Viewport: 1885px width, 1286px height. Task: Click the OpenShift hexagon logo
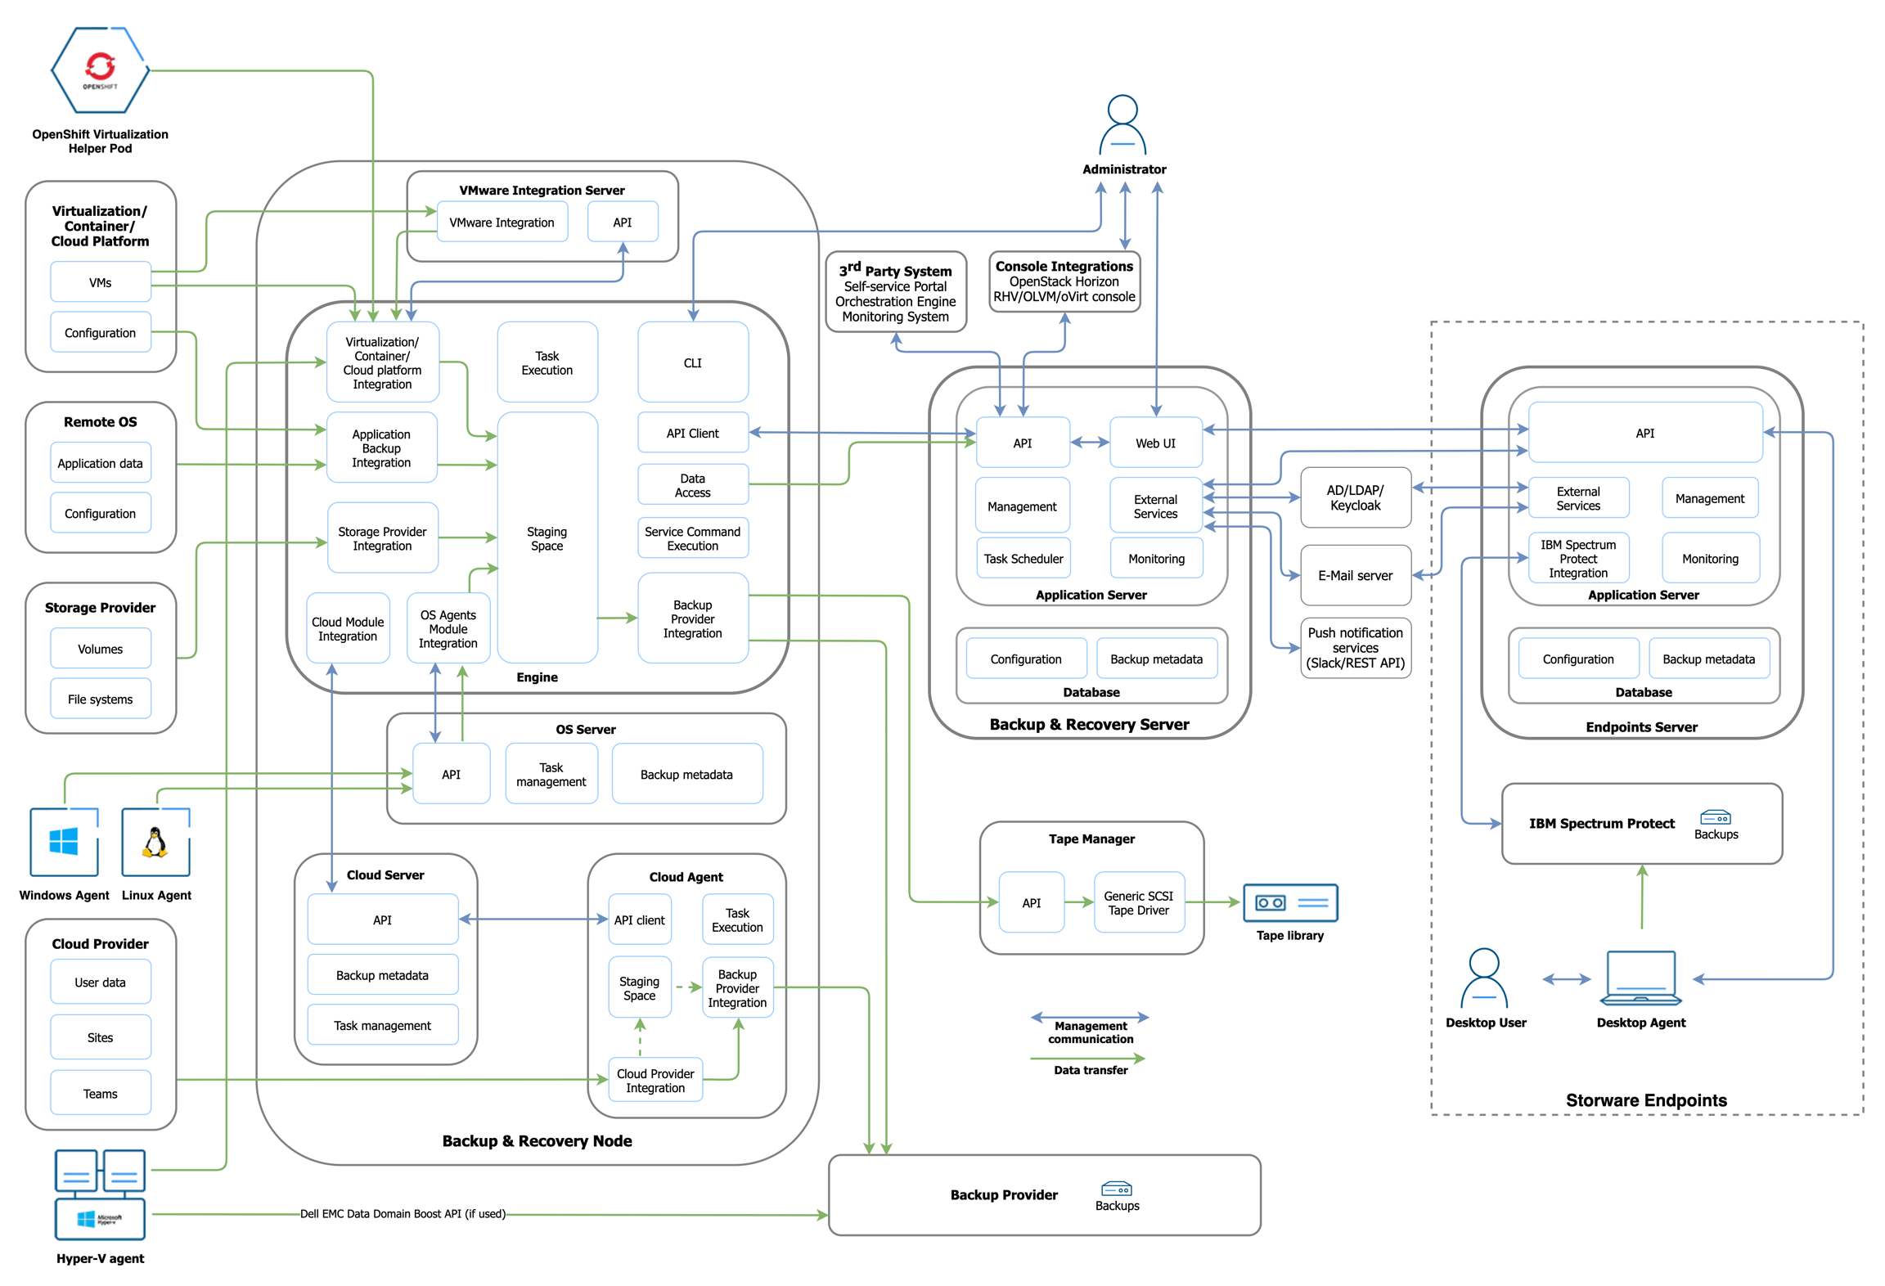100,70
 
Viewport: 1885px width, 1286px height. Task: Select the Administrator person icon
1122,125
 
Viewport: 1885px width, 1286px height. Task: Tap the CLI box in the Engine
692,362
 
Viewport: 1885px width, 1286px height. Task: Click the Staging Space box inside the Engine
547,537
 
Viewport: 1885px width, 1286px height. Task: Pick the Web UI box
1154,443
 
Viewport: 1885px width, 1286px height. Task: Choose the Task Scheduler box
1023,558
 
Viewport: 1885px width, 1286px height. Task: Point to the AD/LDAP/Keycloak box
1354,497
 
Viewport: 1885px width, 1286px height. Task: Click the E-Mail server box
1354,575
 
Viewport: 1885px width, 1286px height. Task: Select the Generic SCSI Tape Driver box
1137,902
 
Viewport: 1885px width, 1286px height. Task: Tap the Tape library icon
1289,902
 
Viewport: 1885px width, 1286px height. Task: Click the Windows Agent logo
64,841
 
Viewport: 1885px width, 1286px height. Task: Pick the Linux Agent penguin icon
155,841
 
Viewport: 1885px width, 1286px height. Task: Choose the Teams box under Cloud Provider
100,1093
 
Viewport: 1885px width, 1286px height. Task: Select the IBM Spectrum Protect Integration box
1577,558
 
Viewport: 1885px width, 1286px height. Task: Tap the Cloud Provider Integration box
655,1080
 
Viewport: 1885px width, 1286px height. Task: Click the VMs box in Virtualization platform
100,282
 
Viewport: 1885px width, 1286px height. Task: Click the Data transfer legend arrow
1088,1058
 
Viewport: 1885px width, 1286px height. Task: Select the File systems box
100,699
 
